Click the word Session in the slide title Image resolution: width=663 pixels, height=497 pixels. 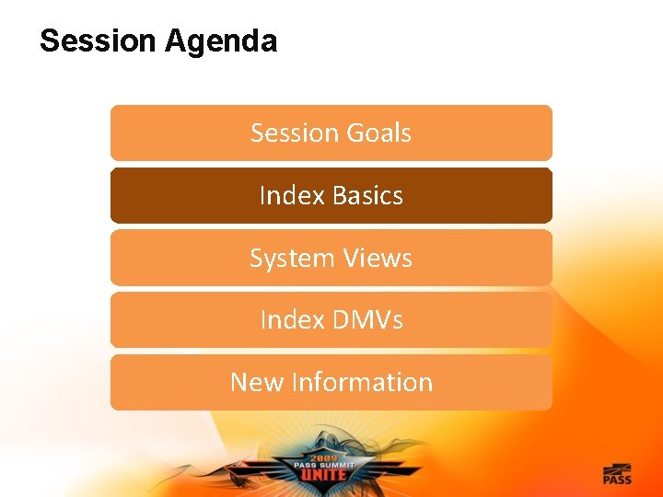click(x=98, y=40)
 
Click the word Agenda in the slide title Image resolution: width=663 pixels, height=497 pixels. click(x=221, y=42)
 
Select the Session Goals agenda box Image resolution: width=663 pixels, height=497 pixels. click(x=331, y=133)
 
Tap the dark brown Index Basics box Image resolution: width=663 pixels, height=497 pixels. click(x=331, y=195)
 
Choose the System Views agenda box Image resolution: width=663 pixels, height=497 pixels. click(x=331, y=258)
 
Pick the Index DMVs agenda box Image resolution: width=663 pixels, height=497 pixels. click(x=331, y=320)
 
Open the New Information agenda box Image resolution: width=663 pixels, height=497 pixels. click(x=331, y=382)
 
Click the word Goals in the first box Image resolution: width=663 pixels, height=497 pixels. click(x=378, y=133)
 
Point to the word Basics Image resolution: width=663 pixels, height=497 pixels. click(x=367, y=195)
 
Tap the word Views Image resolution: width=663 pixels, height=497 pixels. click(x=378, y=258)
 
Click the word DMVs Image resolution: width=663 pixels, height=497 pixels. click(x=367, y=319)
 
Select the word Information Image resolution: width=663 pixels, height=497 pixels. click(x=362, y=382)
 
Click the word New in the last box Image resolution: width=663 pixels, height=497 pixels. click(x=257, y=382)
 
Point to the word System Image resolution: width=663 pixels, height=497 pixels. click(x=292, y=259)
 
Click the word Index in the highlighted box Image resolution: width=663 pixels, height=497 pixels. click(x=292, y=195)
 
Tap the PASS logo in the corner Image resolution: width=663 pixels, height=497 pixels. click(x=617, y=474)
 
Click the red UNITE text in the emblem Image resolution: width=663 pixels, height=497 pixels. click(x=323, y=475)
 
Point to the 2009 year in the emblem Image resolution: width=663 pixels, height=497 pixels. click(x=324, y=458)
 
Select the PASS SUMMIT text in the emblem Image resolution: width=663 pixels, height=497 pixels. click(x=324, y=466)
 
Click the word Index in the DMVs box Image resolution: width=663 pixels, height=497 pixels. click(x=292, y=319)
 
